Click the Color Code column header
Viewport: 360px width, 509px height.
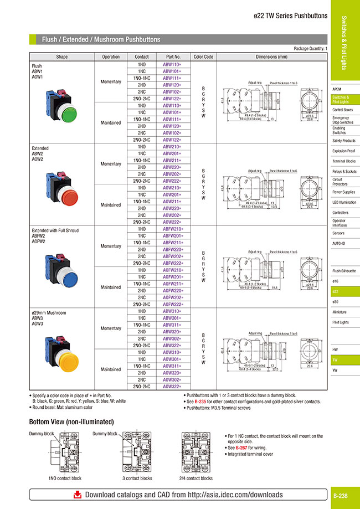click(203, 56)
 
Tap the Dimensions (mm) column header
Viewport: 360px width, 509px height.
click(271, 56)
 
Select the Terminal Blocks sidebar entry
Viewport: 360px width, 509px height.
click(344, 161)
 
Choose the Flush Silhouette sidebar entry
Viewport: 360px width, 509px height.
click(344, 271)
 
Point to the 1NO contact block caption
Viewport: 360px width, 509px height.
click(65, 478)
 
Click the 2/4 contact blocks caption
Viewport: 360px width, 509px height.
click(197, 478)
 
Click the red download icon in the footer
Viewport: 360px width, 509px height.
click(78, 495)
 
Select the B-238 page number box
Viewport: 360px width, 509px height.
click(343, 495)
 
